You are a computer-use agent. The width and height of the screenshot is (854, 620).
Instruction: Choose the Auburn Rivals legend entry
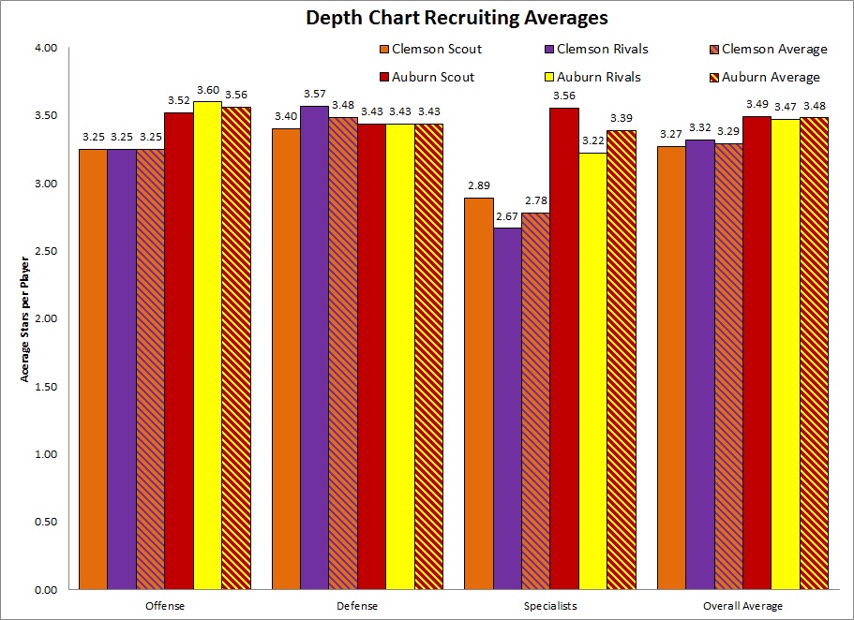[x=596, y=77]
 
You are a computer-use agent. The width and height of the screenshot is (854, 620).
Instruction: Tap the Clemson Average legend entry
[x=768, y=49]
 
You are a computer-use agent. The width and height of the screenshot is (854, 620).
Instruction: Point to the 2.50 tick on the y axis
[x=45, y=251]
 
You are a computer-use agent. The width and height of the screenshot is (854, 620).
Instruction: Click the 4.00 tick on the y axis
[x=45, y=48]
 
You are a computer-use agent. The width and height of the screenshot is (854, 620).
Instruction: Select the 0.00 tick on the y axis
[x=45, y=590]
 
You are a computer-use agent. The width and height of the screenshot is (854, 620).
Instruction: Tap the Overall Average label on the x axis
[x=742, y=606]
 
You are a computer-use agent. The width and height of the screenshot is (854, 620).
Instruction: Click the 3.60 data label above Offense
[x=208, y=90]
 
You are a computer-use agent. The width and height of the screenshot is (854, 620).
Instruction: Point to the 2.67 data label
[x=507, y=217]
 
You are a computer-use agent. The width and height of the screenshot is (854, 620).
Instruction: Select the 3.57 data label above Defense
[x=315, y=95]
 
